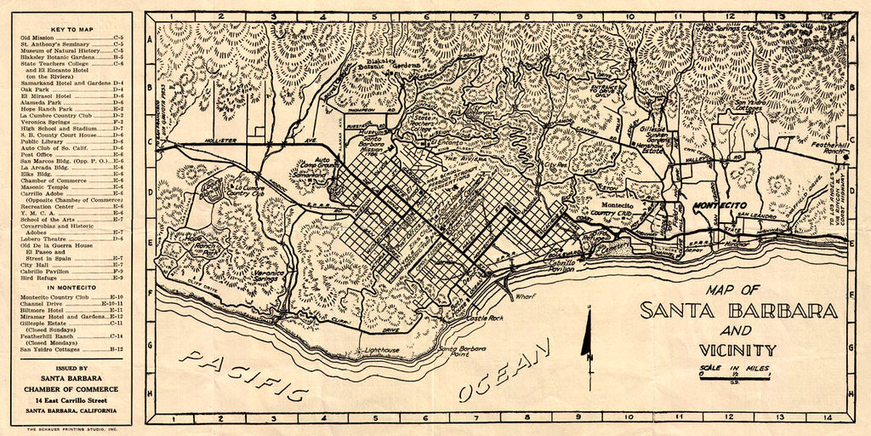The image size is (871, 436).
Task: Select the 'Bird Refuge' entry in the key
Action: [x=37, y=278]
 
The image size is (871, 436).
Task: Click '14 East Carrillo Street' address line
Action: [x=71, y=399]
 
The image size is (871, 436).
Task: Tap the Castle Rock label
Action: [x=486, y=318]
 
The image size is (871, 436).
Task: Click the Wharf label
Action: [x=525, y=295]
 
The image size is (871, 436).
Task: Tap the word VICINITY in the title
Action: [x=737, y=349]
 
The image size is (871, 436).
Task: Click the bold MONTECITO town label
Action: [x=721, y=206]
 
